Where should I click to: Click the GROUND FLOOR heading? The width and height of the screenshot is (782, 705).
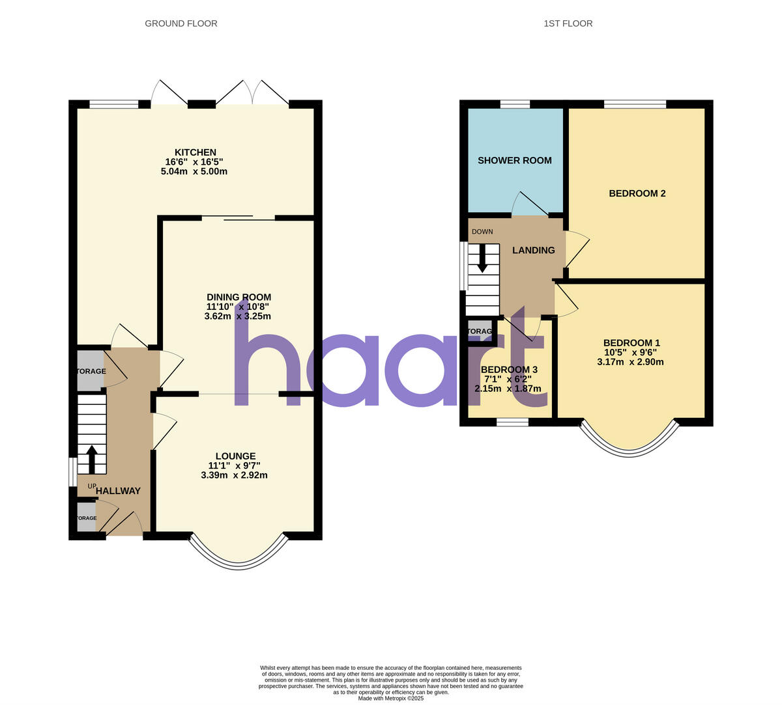tap(181, 23)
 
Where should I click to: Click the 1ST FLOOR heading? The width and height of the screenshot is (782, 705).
tap(568, 23)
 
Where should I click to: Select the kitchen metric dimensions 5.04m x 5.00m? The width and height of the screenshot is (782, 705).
tap(194, 172)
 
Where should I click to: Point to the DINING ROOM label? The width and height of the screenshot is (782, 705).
tap(239, 297)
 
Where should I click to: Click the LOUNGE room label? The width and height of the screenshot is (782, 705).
tap(235, 456)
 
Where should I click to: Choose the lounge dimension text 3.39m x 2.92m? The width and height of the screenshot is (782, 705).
tap(234, 475)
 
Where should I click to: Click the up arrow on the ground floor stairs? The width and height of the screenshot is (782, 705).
tap(91, 458)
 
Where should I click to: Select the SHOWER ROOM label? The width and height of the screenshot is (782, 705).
tap(514, 160)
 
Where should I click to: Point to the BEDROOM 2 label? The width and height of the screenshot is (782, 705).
tap(637, 193)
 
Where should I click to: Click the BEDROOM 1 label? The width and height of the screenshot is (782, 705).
tap(631, 343)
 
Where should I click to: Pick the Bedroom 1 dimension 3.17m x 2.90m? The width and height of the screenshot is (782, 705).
tap(630, 362)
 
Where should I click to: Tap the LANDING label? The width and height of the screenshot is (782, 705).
tap(533, 250)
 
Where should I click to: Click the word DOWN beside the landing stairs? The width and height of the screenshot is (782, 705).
tap(482, 232)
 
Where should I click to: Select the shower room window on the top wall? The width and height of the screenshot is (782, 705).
tap(515, 104)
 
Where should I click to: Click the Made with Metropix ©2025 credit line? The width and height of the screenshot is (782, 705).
tap(390, 698)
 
